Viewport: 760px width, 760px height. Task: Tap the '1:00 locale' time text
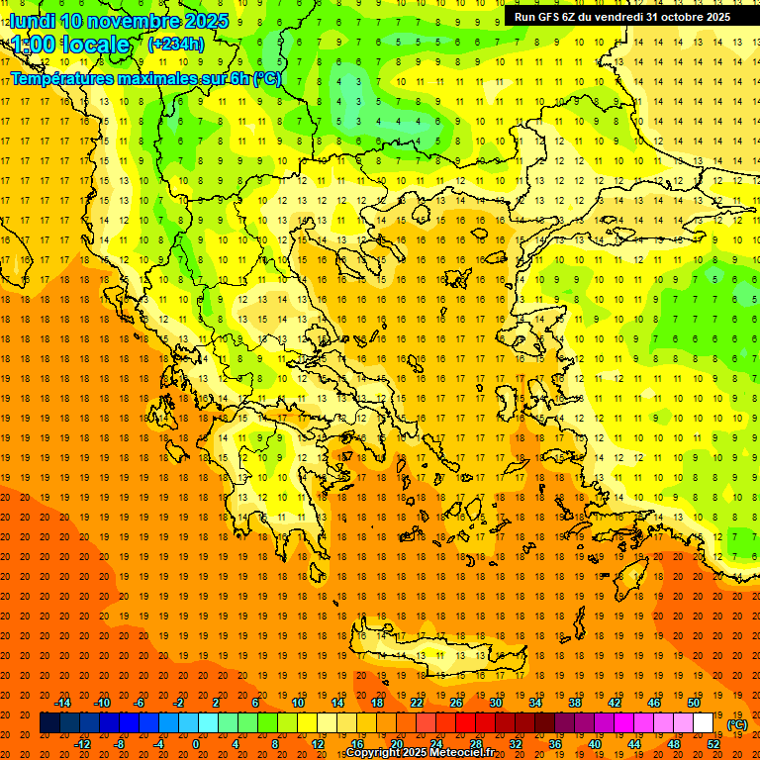coord(70,45)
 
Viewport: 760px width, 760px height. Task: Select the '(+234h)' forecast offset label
coord(176,45)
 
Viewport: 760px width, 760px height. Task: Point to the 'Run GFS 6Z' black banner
coord(622,17)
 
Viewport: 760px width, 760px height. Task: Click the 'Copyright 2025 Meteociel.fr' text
coord(433,753)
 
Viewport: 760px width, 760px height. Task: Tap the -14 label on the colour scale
coord(63,703)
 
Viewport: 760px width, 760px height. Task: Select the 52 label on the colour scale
coord(713,744)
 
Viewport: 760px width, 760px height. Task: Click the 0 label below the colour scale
coord(196,744)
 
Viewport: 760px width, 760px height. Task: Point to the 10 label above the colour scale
coord(298,703)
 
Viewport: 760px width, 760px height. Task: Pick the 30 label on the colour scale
coord(495,703)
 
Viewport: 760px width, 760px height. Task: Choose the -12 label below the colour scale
coord(83,744)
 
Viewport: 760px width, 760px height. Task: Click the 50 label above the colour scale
coord(694,703)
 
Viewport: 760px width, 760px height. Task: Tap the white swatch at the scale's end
coord(704,723)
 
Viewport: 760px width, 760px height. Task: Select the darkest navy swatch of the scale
coord(49,723)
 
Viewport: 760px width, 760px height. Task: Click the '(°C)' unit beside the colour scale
coord(737,723)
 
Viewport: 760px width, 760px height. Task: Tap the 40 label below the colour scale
coord(595,744)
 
